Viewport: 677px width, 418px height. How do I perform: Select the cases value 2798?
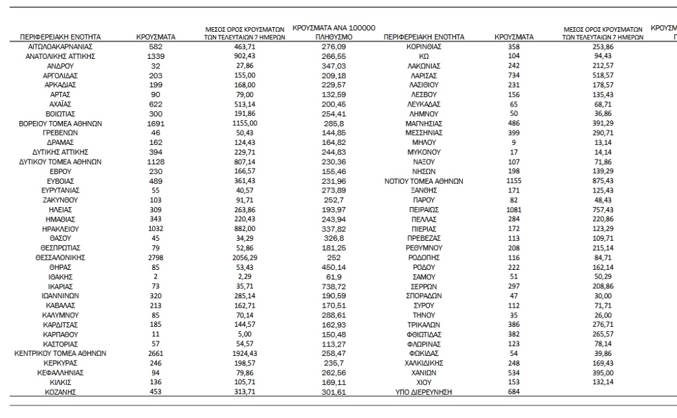click(x=155, y=257)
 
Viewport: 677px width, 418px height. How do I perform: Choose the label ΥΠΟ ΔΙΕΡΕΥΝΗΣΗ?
click(x=423, y=392)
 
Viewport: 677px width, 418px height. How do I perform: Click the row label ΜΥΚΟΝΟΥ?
click(x=423, y=152)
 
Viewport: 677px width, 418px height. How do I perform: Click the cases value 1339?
click(x=155, y=56)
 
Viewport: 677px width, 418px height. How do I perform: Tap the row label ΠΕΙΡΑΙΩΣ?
click(x=423, y=210)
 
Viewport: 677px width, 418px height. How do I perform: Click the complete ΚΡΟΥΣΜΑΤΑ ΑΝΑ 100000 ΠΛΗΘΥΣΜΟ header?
click(x=333, y=33)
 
